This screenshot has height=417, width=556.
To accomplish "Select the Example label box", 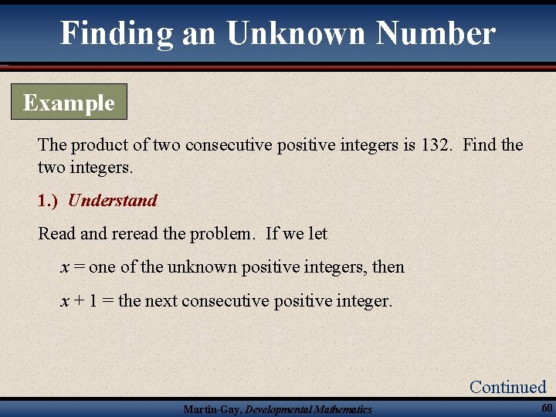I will [x=69, y=103].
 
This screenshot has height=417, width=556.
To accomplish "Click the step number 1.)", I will [x=48, y=201].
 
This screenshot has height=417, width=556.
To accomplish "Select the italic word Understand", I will [x=113, y=201].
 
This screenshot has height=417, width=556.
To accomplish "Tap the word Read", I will [x=54, y=233].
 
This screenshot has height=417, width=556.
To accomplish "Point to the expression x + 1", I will [x=79, y=300].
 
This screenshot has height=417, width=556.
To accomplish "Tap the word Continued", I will [x=507, y=387].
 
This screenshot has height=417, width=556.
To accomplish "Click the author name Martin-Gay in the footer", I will [x=212, y=409].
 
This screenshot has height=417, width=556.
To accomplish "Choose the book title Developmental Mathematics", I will [x=308, y=409].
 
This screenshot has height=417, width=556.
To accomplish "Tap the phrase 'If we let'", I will [x=297, y=233].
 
